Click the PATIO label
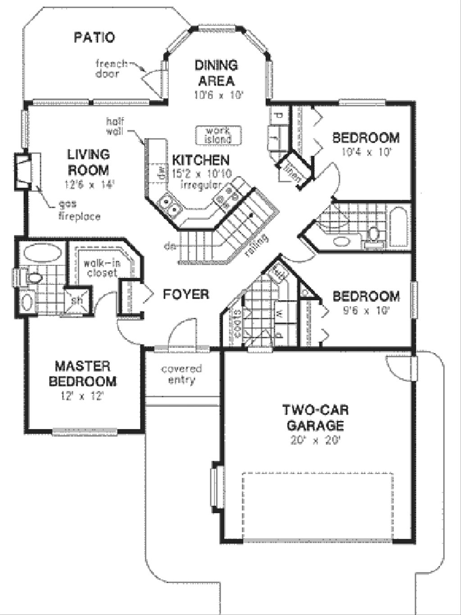[94, 37]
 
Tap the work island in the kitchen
[218, 135]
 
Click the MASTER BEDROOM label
[82, 373]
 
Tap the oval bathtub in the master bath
[42, 253]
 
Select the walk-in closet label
[102, 268]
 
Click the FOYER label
[186, 294]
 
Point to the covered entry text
[181, 375]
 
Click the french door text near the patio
[110, 68]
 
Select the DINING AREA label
[216, 73]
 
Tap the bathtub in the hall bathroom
[398, 227]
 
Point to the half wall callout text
[115, 127]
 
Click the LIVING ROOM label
[88, 162]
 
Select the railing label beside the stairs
[257, 245]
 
